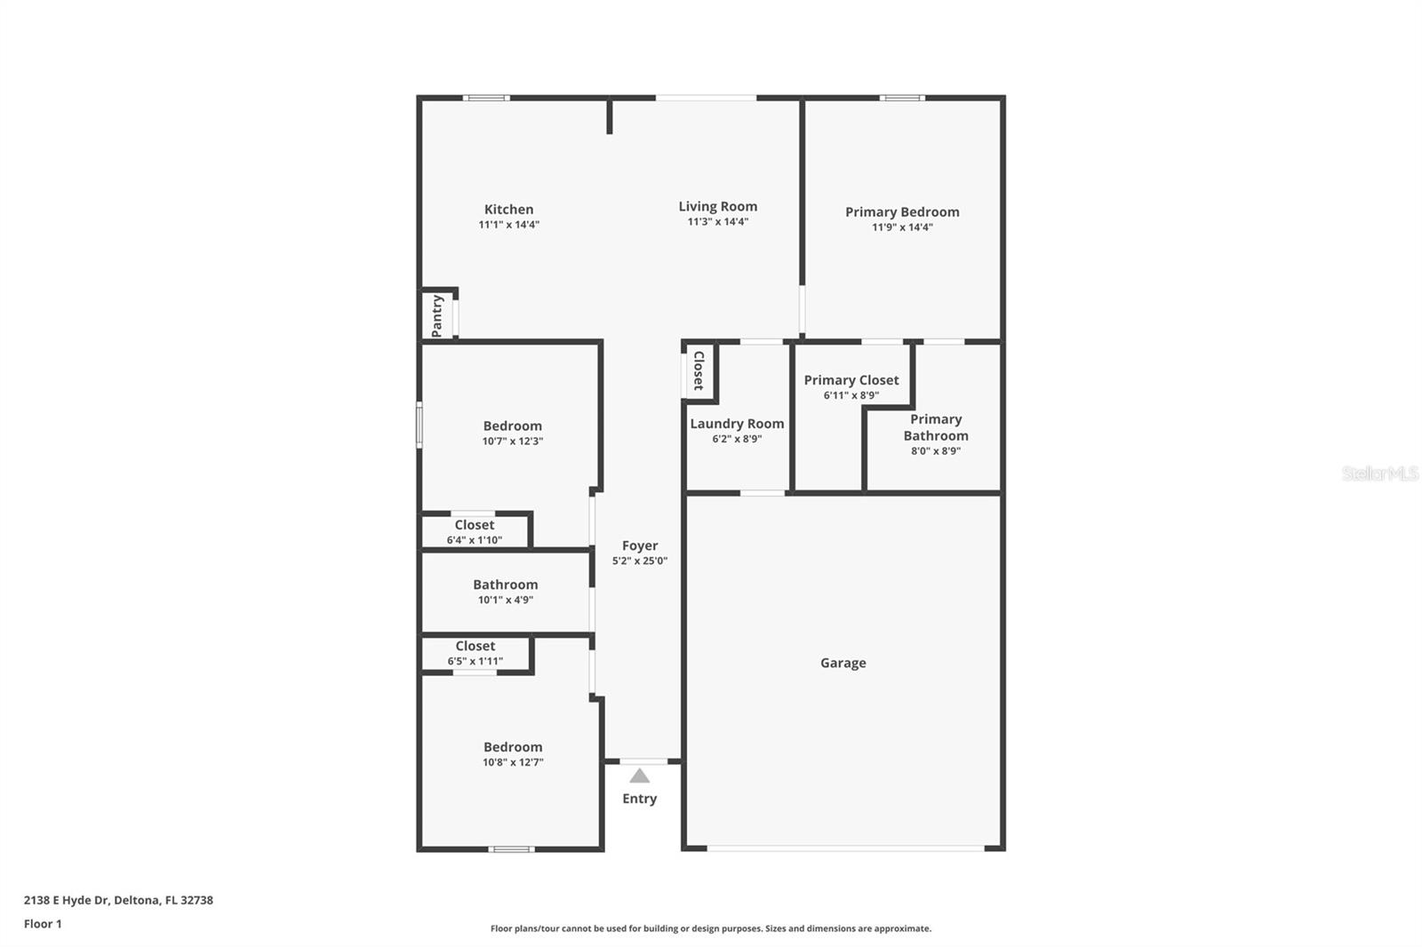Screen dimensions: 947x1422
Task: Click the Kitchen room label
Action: [508, 210]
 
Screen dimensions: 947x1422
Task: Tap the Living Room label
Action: [717, 206]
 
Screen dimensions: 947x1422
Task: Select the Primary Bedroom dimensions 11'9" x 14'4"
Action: [902, 227]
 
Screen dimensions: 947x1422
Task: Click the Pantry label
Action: [437, 315]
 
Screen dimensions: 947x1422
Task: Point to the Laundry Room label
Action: [737, 424]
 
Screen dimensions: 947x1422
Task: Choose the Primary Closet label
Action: [851, 380]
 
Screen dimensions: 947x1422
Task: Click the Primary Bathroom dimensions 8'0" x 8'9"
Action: [935, 451]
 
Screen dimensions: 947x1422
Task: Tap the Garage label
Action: [843, 663]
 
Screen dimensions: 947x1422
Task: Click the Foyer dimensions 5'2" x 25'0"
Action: [639, 561]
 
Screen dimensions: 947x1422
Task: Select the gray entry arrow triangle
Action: [639, 776]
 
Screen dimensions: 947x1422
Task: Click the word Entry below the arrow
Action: [639, 799]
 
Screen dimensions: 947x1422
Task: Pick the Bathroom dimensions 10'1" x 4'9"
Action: [505, 601]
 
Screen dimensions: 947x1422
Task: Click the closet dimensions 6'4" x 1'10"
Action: [474, 540]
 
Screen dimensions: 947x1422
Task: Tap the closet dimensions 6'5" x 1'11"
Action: [475, 662]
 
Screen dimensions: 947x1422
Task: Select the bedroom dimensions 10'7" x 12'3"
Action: [512, 442]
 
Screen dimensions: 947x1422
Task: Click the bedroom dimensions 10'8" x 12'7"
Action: [513, 762]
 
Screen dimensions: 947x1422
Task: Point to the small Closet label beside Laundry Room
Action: [699, 370]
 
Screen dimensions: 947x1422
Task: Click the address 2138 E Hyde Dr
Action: [67, 900]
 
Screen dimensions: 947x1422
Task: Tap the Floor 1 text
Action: [43, 924]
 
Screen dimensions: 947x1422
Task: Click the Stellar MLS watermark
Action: [1379, 473]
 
